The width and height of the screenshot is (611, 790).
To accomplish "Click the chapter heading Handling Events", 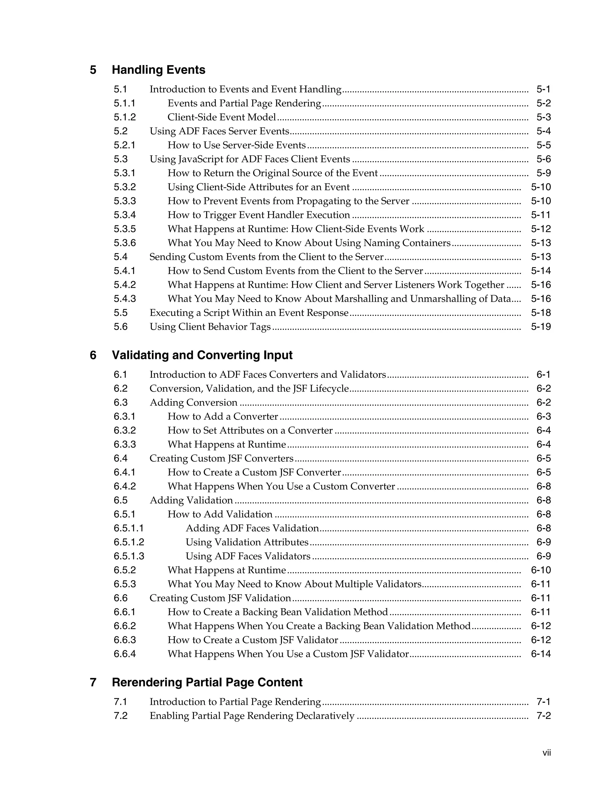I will click(158, 70).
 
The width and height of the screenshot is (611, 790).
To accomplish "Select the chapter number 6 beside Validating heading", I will click(93, 355).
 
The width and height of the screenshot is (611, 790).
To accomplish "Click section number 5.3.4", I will click(124, 215).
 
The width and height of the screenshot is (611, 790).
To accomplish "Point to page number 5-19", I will click(541, 327).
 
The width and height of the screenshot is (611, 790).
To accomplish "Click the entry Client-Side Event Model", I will click(222, 117).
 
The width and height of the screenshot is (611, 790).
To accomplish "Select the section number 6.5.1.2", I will click(129, 542).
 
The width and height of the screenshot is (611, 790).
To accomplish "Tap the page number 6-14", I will click(541, 654).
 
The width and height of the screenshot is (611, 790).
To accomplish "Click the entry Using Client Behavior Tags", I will click(210, 327).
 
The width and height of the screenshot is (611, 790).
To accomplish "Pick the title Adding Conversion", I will click(193, 402).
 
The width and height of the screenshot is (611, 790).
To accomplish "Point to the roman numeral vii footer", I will click(547, 753).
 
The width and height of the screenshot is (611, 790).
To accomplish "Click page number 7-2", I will click(543, 716).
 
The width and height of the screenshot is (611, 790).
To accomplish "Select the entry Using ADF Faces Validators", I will click(248, 556).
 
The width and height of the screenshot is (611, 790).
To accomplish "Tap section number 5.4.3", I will click(124, 299).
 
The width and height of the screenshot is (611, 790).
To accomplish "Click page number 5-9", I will click(543, 173).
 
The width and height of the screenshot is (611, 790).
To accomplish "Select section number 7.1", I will click(120, 702).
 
